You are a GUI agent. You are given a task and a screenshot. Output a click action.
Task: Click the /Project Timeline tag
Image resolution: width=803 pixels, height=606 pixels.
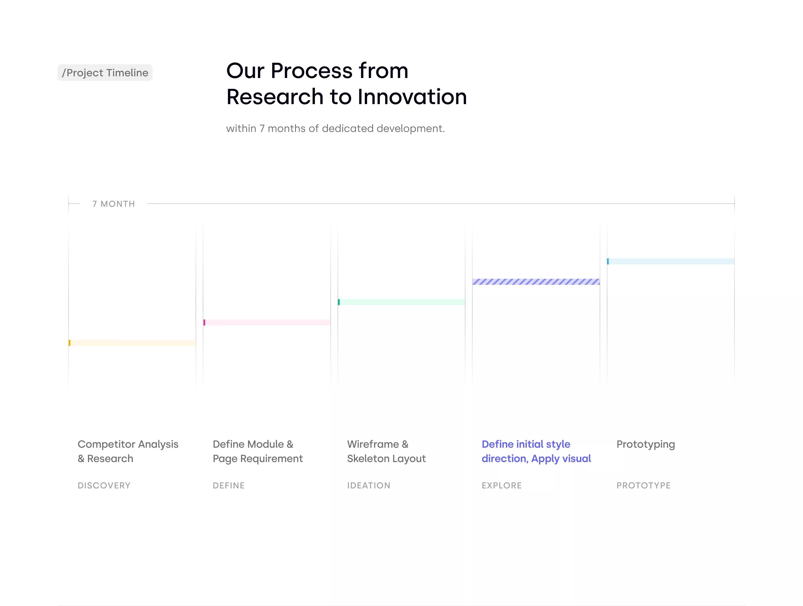[x=105, y=73]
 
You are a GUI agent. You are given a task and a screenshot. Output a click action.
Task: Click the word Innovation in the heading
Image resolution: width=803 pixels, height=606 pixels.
[x=412, y=97]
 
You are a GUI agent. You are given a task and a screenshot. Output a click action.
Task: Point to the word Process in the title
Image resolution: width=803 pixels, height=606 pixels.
[x=311, y=71]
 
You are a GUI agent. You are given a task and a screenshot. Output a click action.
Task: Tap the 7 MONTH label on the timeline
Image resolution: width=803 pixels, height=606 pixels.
[x=114, y=204]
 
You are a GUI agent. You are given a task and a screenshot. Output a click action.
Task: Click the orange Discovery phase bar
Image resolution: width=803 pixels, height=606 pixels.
[x=132, y=343]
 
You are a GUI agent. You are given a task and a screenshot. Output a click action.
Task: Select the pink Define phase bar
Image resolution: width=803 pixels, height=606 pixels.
[x=267, y=322]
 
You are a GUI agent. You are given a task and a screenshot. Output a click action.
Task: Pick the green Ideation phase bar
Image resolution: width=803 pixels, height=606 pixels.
[x=402, y=302]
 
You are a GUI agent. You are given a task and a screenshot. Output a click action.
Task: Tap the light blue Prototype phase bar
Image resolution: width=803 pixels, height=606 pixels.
[x=671, y=262]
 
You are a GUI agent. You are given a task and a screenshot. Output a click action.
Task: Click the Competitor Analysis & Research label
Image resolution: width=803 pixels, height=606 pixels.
[x=128, y=451]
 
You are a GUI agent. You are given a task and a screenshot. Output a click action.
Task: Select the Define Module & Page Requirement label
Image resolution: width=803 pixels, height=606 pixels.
[x=258, y=451]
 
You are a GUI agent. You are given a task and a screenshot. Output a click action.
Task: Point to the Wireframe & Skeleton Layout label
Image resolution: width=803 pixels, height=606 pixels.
[x=386, y=451]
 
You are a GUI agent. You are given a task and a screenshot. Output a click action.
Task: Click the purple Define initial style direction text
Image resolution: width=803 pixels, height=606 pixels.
[x=536, y=451]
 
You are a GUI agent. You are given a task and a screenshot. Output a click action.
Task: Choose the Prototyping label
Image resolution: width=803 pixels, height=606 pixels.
[x=646, y=445]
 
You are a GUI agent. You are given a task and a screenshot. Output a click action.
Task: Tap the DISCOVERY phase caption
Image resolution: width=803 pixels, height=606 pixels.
[x=104, y=486]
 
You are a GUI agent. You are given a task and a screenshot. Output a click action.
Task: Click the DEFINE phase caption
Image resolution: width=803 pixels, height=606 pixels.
[x=229, y=486]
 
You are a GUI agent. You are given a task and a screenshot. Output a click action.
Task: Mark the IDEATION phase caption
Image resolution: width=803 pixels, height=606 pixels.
[x=369, y=486]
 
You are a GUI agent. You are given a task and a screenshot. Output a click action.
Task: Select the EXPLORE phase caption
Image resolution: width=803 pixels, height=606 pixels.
[x=502, y=486]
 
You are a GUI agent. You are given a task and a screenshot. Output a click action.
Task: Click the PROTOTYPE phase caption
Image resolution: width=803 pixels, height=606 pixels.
[x=644, y=486]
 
